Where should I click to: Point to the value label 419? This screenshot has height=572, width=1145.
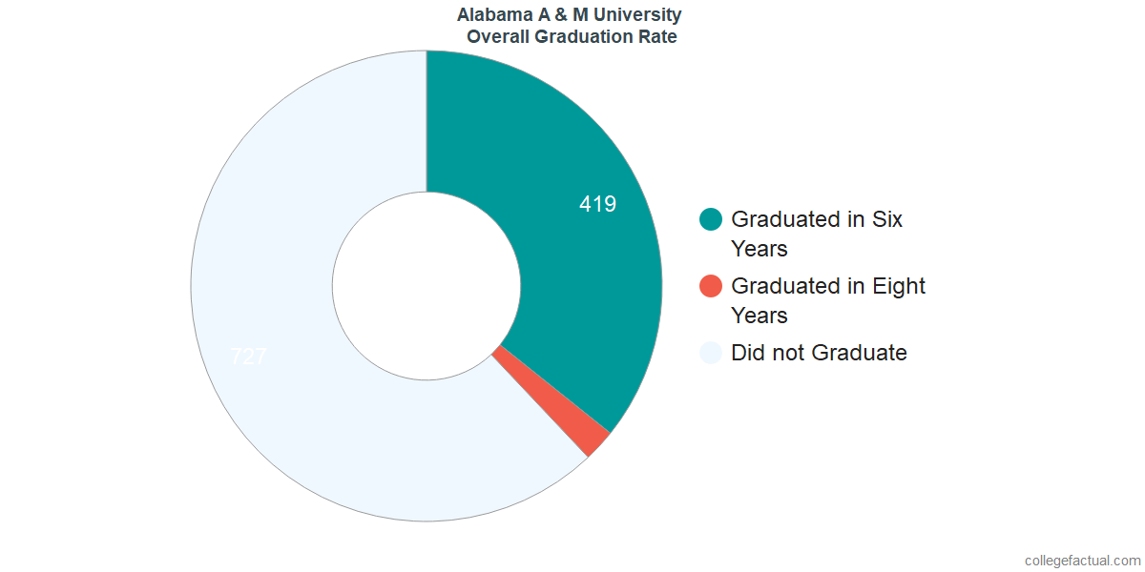coord(597,204)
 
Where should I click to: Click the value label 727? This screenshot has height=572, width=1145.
coord(249,357)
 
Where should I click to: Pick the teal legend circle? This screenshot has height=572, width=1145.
coord(711,219)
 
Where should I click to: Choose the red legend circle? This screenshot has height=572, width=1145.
coord(711,286)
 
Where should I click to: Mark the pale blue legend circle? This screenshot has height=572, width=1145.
coord(711,353)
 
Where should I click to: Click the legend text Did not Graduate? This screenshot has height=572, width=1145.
coord(819,353)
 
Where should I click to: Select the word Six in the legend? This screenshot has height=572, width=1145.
coord(887,219)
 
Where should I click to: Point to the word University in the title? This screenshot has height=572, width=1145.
coord(640,15)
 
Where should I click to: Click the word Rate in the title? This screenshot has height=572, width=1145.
coord(657,37)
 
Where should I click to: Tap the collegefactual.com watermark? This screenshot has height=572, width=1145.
coord(1082,561)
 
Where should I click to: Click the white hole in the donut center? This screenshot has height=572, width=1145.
coord(426,286)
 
